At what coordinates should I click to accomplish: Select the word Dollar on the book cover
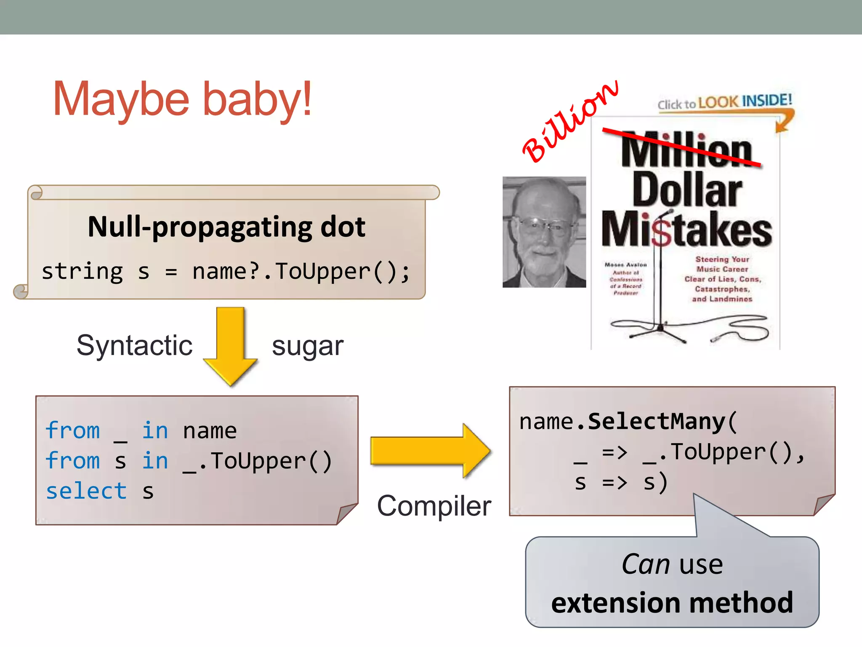(687, 190)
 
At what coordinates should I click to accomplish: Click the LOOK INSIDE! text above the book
(745, 102)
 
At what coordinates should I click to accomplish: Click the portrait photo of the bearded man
(544, 232)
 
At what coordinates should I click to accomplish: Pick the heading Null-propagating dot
(226, 227)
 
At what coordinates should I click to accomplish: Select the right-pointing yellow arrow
(429, 451)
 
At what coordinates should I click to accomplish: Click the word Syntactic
(134, 346)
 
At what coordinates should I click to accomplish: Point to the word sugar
(308, 347)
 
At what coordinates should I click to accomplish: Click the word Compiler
(434, 505)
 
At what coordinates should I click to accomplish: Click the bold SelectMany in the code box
(657, 422)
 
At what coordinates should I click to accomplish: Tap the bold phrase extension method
(672, 603)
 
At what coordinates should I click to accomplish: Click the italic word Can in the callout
(646, 564)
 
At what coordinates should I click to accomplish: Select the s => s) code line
(621, 482)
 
